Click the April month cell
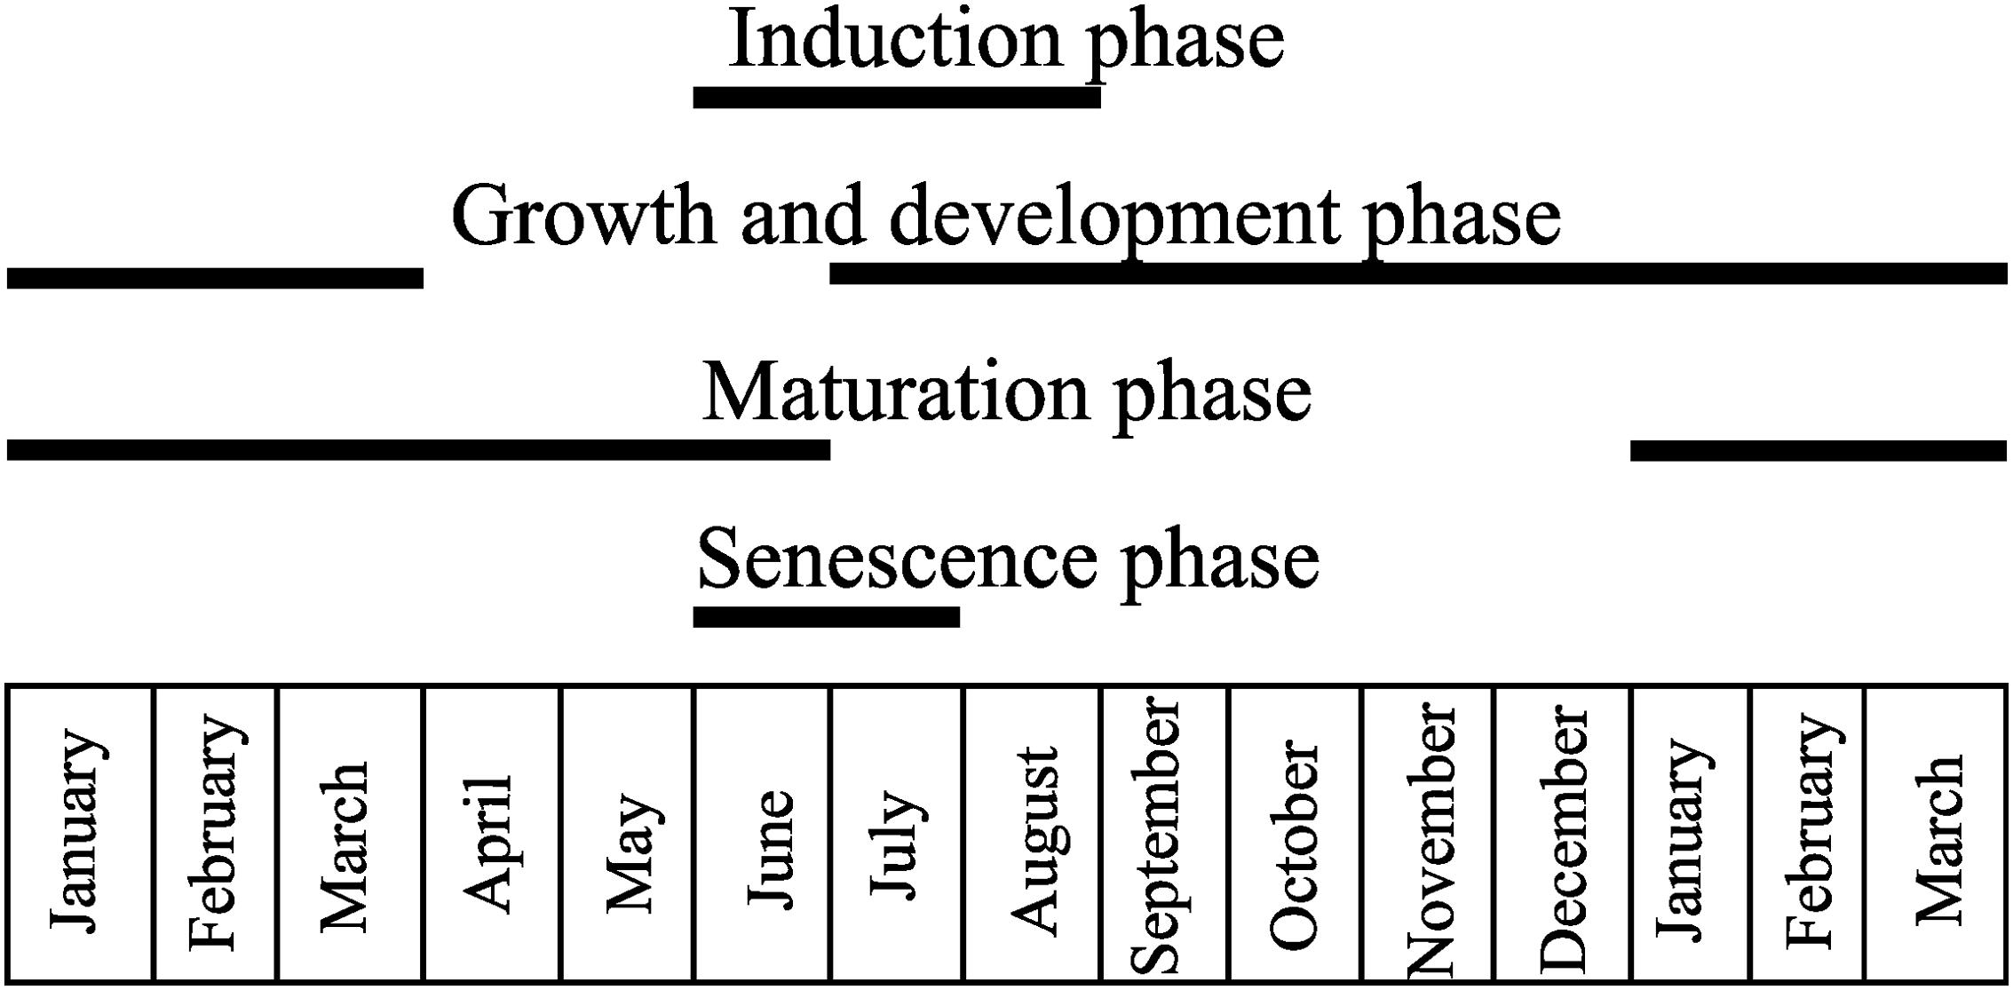[x=492, y=835]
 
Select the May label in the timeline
[x=628, y=835]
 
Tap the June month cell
[x=763, y=835]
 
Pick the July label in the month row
[x=897, y=835]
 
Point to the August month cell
[x=1032, y=835]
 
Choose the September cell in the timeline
[x=1164, y=835]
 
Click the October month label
[x=1295, y=835]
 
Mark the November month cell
[x=1428, y=835]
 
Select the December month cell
[x=1563, y=835]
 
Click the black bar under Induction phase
[x=897, y=97]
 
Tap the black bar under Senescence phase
[x=826, y=616]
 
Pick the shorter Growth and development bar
[x=215, y=278]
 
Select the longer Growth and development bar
[x=1417, y=273]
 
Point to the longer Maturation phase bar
[x=418, y=449]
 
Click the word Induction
[x=895, y=40]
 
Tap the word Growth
[x=583, y=216]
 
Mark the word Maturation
[x=895, y=392]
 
